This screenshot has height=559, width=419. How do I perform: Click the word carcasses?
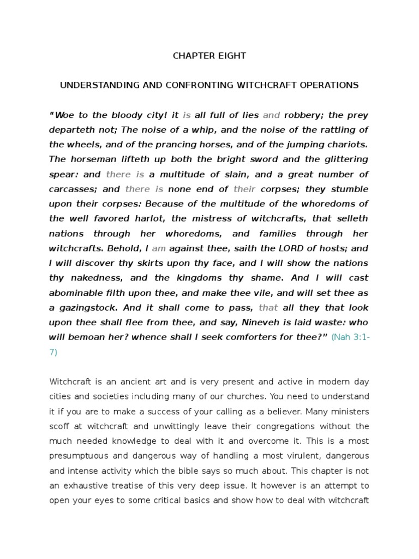tap(71, 189)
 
